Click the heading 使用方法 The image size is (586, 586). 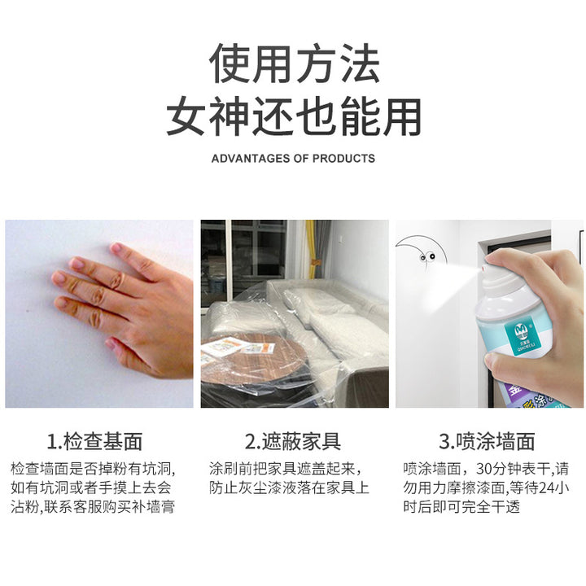click(x=295, y=63)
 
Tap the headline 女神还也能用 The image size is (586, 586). click(x=294, y=116)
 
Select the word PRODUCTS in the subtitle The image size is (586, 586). click(x=343, y=159)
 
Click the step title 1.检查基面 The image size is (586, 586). click(x=94, y=441)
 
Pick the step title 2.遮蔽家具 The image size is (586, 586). click(x=293, y=441)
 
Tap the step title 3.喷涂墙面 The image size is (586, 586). click(x=487, y=441)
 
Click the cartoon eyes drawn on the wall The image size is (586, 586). click(x=427, y=256)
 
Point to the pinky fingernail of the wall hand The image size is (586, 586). click(x=111, y=343)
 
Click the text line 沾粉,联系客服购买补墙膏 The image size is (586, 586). click(x=93, y=507)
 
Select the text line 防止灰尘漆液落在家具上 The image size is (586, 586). click(x=289, y=488)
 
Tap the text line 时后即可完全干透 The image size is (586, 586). click(x=461, y=507)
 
